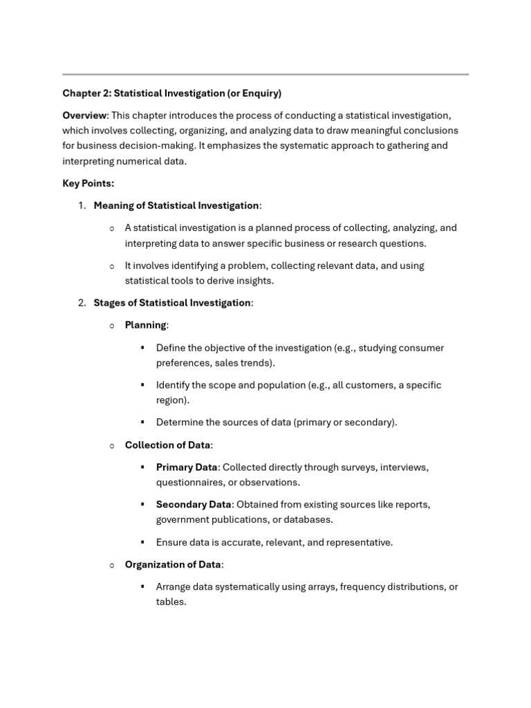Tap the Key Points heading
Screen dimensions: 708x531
tap(88, 183)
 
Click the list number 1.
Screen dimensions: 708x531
tap(81, 205)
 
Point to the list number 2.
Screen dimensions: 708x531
tap(81, 303)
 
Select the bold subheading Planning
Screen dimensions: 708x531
tap(145, 325)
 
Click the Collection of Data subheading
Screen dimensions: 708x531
tap(168, 445)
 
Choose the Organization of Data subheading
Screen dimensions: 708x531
tap(173, 565)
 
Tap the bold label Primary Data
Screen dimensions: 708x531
tap(186, 467)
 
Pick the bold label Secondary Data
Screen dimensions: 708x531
tap(193, 505)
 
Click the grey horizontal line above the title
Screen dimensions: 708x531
tap(265, 74)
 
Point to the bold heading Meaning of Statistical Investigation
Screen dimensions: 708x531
tap(176, 205)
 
